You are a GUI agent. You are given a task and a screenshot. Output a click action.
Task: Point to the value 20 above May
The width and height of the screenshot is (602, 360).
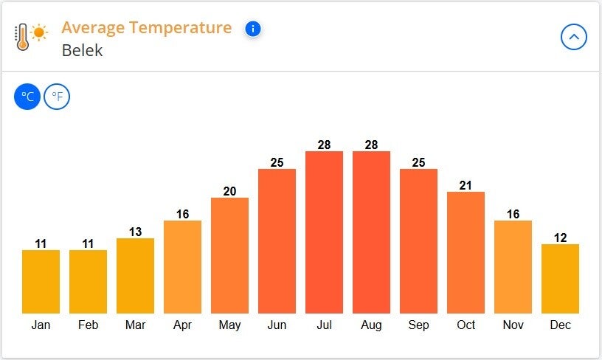tap(229, 192)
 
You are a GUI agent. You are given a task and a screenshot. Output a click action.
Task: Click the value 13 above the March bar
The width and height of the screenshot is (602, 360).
tap(135, 232)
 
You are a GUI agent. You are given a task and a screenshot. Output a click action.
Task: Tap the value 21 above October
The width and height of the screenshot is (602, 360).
tap(466, 185)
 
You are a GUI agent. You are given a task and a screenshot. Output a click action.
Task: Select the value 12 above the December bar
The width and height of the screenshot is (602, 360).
tap(560, 238)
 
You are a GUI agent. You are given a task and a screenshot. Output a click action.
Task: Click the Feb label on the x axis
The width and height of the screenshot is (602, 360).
tap(88, 325)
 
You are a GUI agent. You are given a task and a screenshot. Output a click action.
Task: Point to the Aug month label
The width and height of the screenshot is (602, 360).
tap(371, 325)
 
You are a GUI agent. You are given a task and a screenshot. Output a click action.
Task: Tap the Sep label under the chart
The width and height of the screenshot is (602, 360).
tap(418, 325)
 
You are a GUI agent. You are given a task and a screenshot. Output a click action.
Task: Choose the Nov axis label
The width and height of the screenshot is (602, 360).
tap(513, 325)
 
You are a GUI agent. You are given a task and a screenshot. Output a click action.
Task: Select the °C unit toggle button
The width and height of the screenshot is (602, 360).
tap(27, 96)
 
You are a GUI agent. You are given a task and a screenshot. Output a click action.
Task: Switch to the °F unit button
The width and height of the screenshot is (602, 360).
tap(57, 96)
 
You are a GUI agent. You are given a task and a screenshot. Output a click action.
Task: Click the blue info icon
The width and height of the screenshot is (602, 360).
tap(253, 29)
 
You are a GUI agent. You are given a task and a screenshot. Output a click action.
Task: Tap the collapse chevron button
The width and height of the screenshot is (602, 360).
tap(574, 36)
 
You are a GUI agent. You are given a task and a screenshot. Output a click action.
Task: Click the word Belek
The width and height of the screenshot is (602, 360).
tap(82, 51)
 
